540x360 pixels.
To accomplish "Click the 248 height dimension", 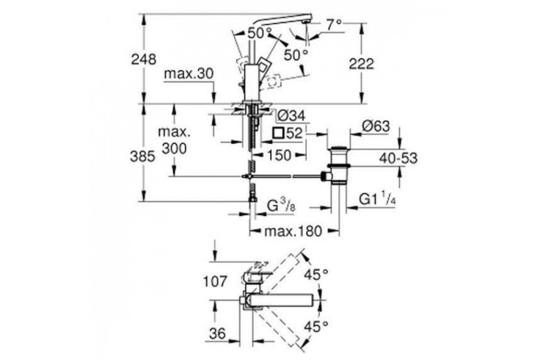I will [x=143, y=58].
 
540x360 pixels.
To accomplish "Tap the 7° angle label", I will [x=334, y=25].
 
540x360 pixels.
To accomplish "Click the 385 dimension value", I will [x=143, y=157].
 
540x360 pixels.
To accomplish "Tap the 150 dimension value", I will [x=279, y=155].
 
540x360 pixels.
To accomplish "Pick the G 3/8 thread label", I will [x=281, y=207].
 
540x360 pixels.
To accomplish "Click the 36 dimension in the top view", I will [x=218, y=334].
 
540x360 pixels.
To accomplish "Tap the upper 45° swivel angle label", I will [x=315, y=275].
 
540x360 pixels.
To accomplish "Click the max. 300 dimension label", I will [x=173, y=140].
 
